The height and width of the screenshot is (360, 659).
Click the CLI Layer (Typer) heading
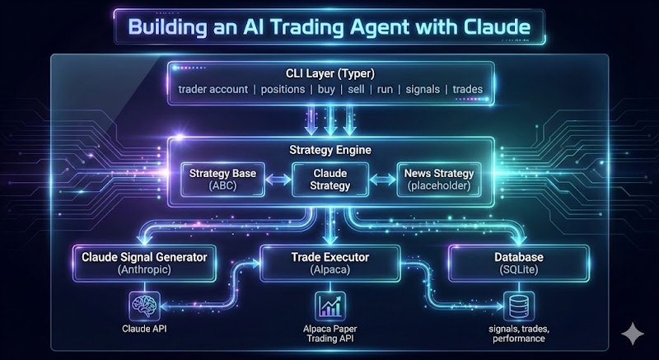pyautogui.click(x=329, y=73)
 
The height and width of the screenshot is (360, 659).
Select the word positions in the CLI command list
pyautogui.click(x=283, y=89)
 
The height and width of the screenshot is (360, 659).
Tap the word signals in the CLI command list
pyautogui.click(x=423, y=89)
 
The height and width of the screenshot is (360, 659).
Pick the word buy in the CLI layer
pyautogui.click(x=329, y=89)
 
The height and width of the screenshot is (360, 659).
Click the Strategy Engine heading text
pyautogui.click(x=329, y=150)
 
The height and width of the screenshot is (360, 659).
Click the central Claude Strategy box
pyautogui.click(x=329, y=180)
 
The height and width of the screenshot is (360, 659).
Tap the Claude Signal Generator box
pyautogui.click(x=143, y=263)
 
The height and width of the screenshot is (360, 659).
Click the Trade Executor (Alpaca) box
pyautogui.click(x=329, y=263)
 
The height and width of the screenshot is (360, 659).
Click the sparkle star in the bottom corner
pyautogui.click(x=633, y=334)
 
